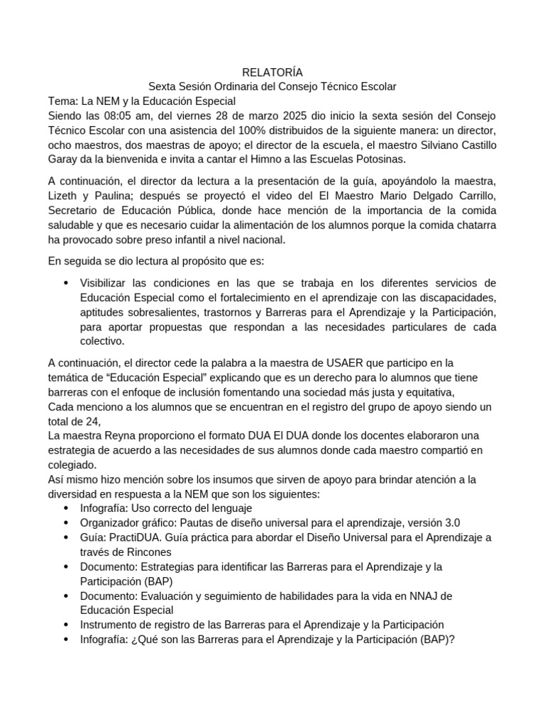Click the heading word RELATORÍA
[272, 72]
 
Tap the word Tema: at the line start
[62, 101]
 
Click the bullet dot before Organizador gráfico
[66, 523]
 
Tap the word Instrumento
[111, 625]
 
